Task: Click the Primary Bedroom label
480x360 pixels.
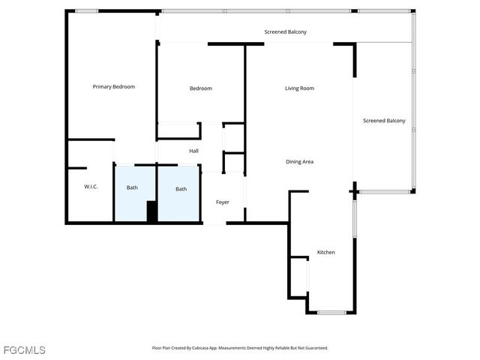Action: (x=113, y=87)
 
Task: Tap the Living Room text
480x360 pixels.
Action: (x=299, y=88)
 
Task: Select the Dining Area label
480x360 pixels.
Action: (x=299, y=162)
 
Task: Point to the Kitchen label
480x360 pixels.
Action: (x=325, y=253)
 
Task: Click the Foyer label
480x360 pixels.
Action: (x=223, y=202)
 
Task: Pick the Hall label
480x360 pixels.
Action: (x=193, y=151)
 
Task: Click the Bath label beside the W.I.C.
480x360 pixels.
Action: (x=132, y=187)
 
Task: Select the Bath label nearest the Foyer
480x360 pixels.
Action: (x=181, y=189)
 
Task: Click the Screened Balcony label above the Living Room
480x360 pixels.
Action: (x=285, y=32)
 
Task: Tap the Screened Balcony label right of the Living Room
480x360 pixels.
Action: (x=384, y=121)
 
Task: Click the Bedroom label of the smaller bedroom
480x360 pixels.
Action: (x=200, y=88)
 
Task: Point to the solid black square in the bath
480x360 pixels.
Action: (x=152, y=211)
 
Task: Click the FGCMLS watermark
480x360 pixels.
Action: (x=24, y=350)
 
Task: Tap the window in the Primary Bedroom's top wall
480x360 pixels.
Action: (x=86, y=11)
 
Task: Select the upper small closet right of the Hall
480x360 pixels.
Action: (x=234, y=138)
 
